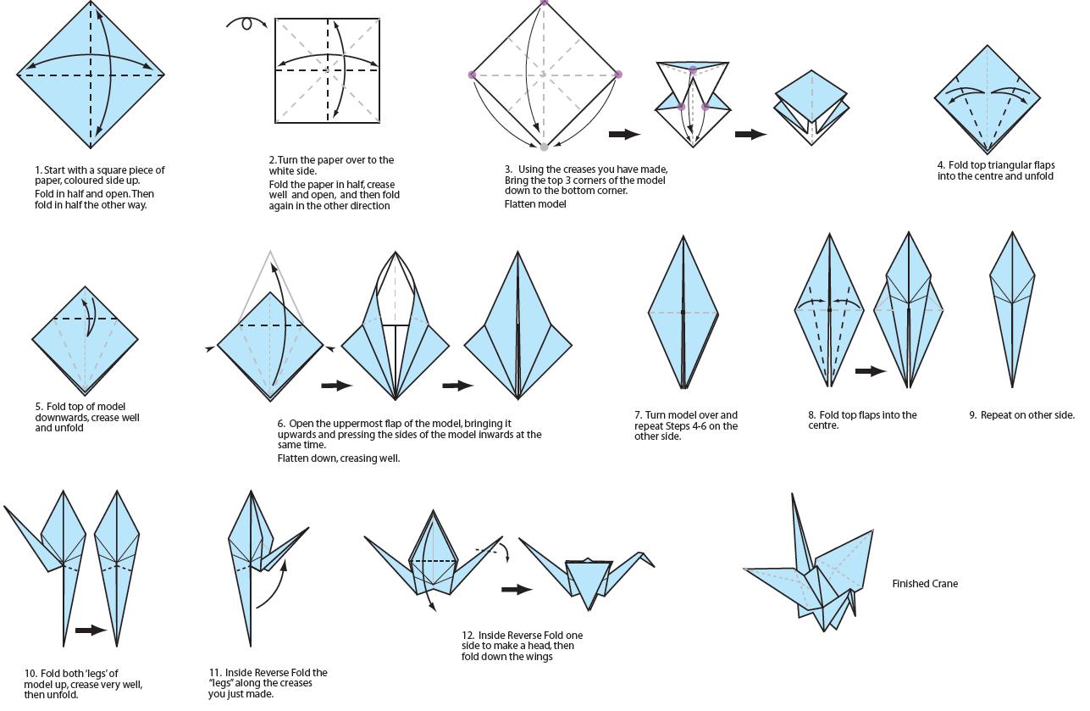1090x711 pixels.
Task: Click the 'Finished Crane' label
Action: pyautogui.click(x=925, y=584)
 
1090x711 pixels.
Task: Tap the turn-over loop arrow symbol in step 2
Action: pyautogui.click(x=246, y=24)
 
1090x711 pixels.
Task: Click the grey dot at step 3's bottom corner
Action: pyautogui.click(x=544, y=147)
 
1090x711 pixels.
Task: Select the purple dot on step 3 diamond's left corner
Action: pyautogui.click(x=472, y=75)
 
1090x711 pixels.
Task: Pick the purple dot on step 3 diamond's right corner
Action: pyautogui.click(x=618, y=75)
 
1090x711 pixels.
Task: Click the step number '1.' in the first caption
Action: pyautogui.click(x=39, y=170)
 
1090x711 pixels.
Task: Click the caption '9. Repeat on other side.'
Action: pyautogui.click(x=1021, y=415)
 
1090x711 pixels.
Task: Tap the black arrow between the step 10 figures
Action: pyautogui.click(x=91, y=630)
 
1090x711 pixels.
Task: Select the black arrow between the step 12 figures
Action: pyautogui.click(x=517, y=589)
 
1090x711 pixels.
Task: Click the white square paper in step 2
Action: pyautogui.click(x=326, y=69)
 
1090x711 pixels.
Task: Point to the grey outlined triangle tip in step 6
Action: pyautogui.click(x=270, y=253)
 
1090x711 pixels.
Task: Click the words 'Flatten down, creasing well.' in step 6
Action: pyautogui.click(x=339, y=458)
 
